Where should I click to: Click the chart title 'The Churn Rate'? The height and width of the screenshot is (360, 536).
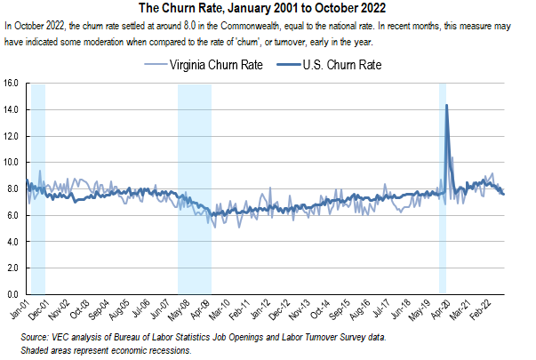point(267,8)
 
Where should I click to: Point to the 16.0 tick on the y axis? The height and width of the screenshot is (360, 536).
point(12,84)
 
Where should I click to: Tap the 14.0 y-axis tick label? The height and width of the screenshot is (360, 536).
point(12,109)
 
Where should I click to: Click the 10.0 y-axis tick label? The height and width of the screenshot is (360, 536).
point(12,162)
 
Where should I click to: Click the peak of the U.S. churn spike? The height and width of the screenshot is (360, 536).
point(445,105)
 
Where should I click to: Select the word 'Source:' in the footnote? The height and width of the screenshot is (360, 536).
point(36,339)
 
